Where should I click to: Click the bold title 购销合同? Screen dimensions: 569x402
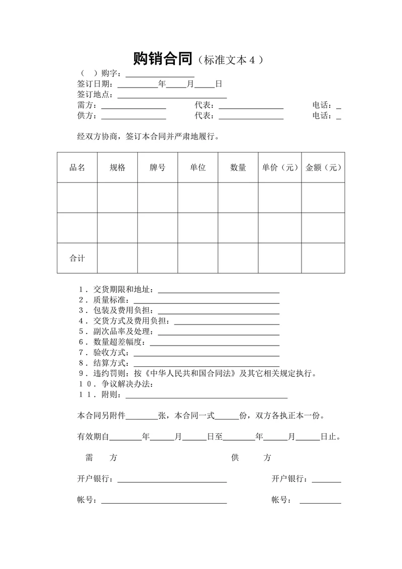click(163, 59)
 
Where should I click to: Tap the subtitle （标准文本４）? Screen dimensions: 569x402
click(231, 60)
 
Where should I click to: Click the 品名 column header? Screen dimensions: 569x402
click(77, 168)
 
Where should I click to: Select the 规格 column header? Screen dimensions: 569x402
click(117, 168)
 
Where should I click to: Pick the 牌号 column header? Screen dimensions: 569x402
click(157, 168)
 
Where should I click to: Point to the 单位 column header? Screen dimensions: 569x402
click(197, 168)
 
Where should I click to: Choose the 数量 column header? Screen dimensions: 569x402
click(238, 168)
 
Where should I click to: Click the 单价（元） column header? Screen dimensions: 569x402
click(280, 168)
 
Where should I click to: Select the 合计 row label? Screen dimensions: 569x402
click(77, 258)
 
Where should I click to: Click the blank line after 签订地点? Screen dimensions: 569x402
click(172, 96)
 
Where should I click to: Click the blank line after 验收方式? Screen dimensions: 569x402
click(206, 353)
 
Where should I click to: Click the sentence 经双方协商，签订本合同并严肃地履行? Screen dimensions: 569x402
click(148, 136)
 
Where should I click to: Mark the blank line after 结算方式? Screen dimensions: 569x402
click(206, 364)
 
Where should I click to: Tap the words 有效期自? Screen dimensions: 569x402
click(93, 437)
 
